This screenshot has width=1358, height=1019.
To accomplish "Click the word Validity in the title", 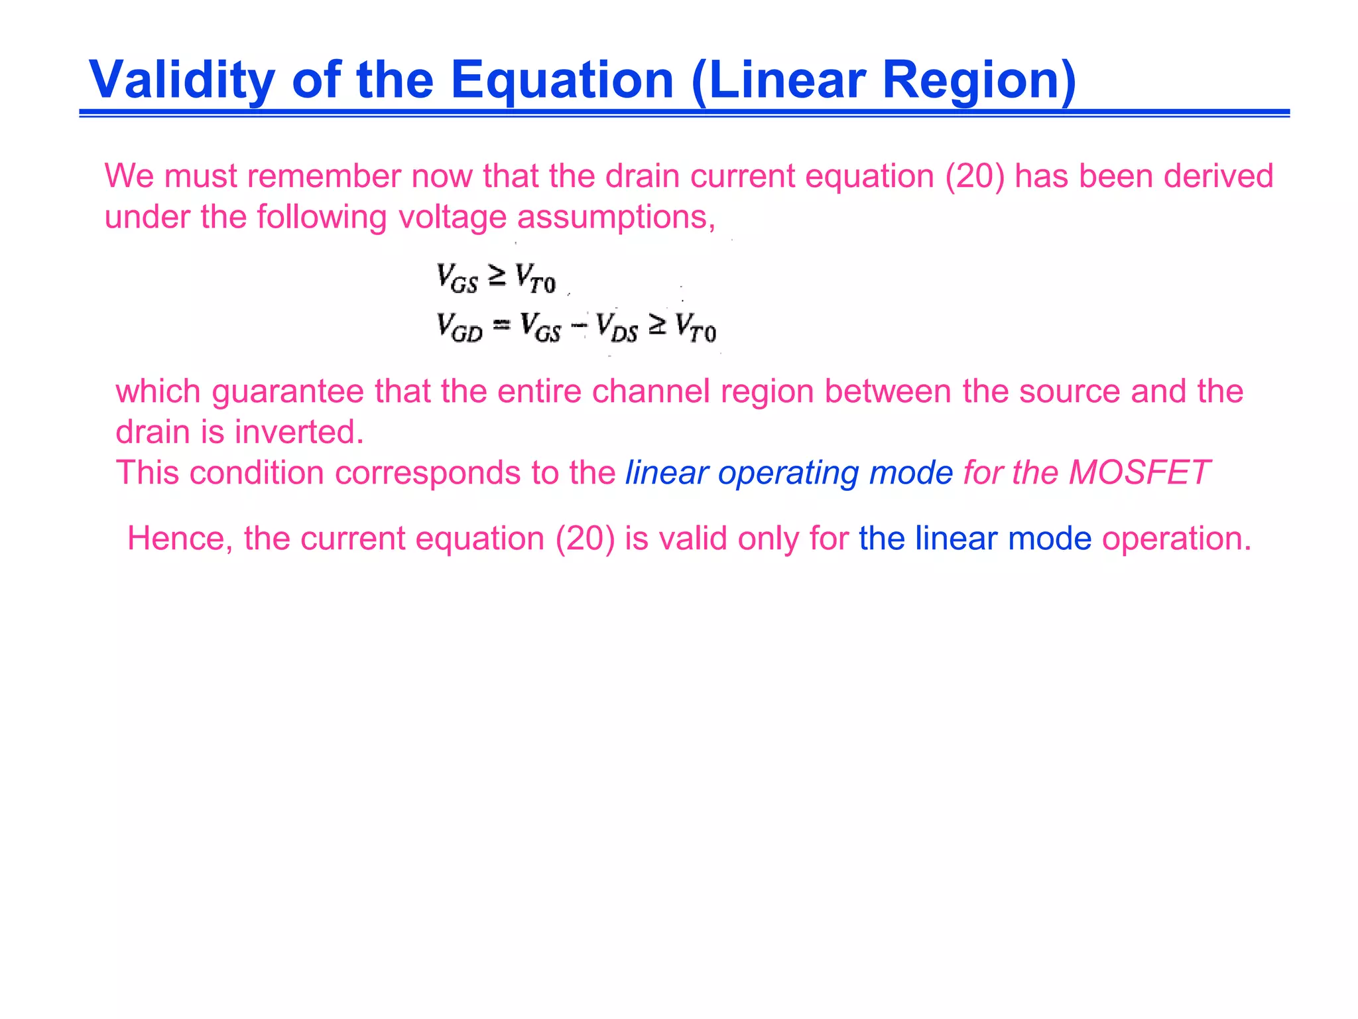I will (x=181, y=80).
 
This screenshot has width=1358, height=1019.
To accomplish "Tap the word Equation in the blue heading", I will (x=562, y=81).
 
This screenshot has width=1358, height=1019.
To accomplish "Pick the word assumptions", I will (x=616, y=218).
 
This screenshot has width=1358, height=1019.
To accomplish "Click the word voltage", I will (x=453, y=218).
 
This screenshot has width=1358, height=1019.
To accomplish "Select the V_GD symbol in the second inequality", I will (x=459, y=328).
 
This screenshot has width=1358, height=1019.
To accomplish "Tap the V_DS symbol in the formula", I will (x=617, y=328).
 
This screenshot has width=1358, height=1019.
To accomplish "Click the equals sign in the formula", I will (x=501, y=324).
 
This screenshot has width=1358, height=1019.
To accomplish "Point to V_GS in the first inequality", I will (x=457, y=277).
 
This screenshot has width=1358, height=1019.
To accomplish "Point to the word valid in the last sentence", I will (x=694, y=539).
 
